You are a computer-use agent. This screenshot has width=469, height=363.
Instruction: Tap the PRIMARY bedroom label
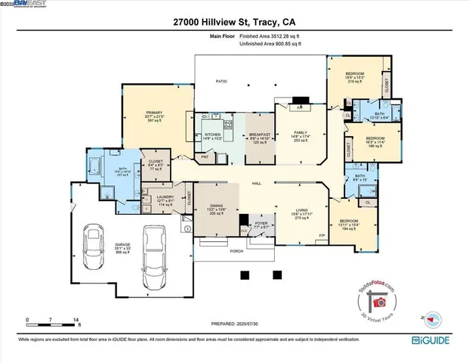[x=155, y=115]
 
